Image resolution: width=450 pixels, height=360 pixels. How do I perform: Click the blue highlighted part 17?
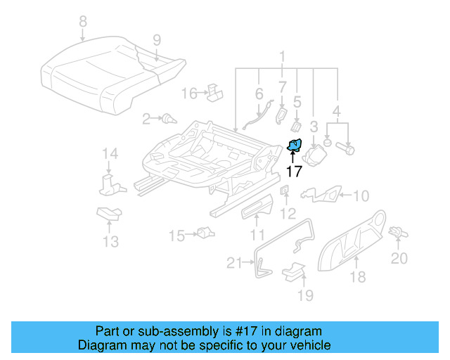[x=295, y=146]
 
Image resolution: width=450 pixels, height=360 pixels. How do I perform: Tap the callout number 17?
[x=294, y=171]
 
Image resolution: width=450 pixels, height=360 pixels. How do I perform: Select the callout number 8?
[x=83, y=22]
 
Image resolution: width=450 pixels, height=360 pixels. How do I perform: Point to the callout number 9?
[x=156, y=39]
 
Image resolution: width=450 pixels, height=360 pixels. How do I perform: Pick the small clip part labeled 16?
[x=214, y=91]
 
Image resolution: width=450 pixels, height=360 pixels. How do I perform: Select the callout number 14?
[x=109, y=154]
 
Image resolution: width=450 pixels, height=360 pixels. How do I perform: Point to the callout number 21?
[x=234, y=264]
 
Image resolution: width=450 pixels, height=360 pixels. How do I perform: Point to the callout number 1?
[x=282, y=56]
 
